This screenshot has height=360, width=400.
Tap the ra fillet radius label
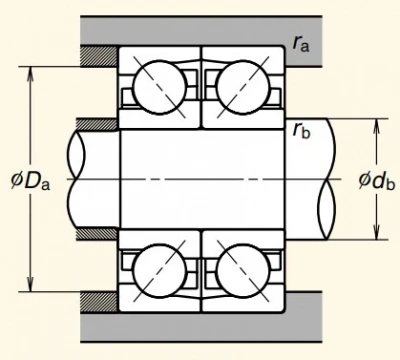(301, 44)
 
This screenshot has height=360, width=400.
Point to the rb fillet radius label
(301, 130)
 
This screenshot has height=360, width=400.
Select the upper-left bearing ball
(160, 87)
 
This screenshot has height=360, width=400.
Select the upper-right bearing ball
(243, 87)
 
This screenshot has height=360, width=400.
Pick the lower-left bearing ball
(160, 271)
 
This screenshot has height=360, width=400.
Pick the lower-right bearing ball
(243, 271)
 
